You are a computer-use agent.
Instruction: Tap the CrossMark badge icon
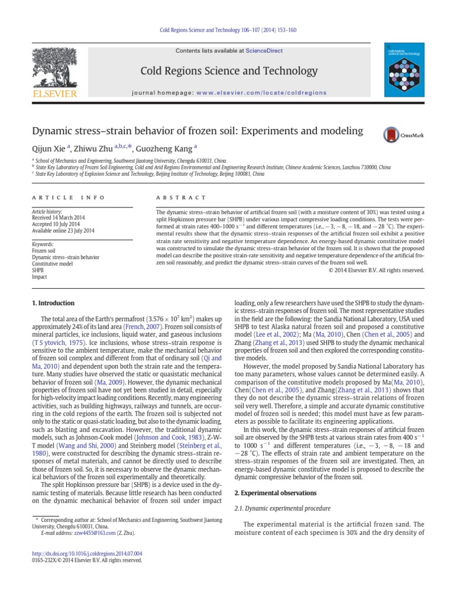point(396,135)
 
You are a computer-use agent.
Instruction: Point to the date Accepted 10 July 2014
point(58,223)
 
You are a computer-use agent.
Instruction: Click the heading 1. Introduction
point(52,303)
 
